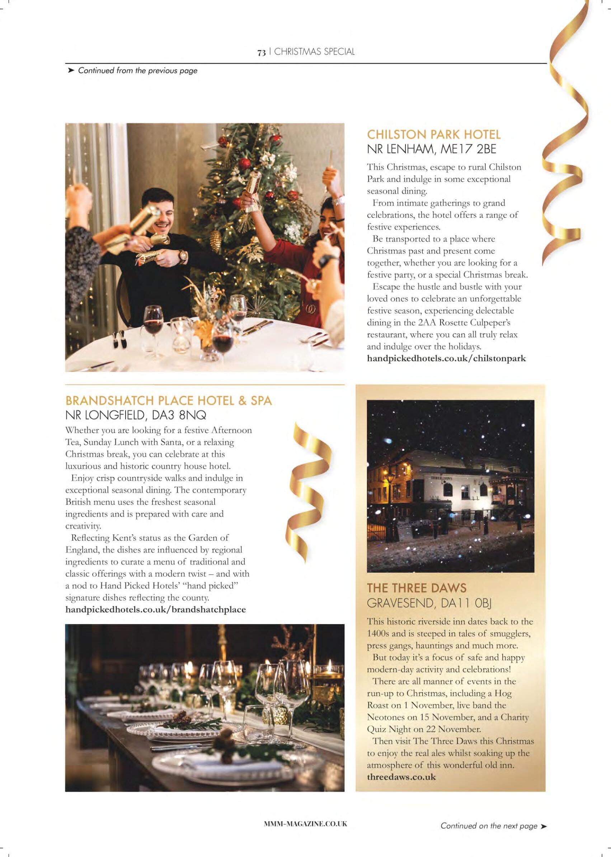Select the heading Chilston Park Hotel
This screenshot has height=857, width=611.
[x=434, y=134]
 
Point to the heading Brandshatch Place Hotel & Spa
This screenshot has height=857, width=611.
[x=169, y=401]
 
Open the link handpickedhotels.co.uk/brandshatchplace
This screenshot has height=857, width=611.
[x=155, y=609]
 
